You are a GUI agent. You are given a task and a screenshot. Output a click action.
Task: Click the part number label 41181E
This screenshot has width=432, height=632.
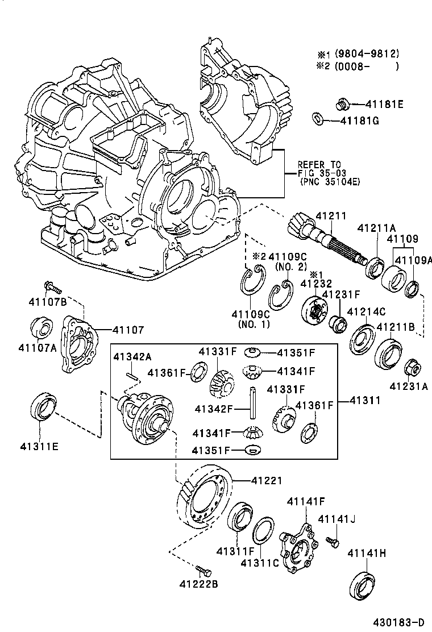384,104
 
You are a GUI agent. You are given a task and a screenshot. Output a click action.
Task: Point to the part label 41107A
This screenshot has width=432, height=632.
37,348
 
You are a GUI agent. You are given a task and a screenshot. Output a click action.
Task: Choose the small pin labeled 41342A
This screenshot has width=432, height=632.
131,375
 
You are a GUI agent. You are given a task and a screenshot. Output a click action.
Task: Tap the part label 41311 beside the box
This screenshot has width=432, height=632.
364,402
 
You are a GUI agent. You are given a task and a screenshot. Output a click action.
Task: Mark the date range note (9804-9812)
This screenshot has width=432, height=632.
367,54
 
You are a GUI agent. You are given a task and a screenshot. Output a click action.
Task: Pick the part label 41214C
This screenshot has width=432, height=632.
366,311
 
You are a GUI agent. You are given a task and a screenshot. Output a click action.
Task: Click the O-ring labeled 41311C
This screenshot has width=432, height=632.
262,531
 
